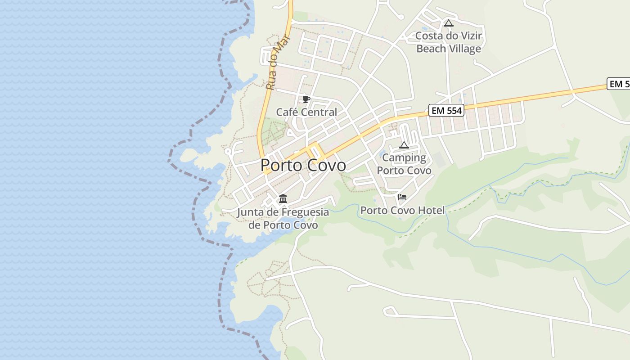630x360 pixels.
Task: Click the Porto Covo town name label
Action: [303, 165]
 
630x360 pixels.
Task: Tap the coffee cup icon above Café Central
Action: [306, 99]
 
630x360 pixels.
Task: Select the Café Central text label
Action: [306, 112]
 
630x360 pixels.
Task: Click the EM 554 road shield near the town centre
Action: [446, 110]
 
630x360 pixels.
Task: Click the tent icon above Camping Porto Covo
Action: [404, 145]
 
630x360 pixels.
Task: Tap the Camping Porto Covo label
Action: [404, 164]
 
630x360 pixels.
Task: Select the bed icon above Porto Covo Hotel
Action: [402, 197]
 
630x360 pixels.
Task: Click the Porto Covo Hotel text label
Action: [402, 210]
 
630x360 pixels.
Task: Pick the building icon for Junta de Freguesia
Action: [283, 198]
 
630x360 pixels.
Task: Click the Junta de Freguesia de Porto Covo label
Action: [283, 218]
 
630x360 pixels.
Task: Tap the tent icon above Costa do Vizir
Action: [448, 23]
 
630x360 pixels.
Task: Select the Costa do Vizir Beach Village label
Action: [449, 42]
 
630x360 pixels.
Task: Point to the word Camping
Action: [404, 157]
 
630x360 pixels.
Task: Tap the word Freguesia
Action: [305, 212]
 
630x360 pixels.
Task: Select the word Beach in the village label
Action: [431, 49]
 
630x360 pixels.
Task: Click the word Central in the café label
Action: [320, 112]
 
